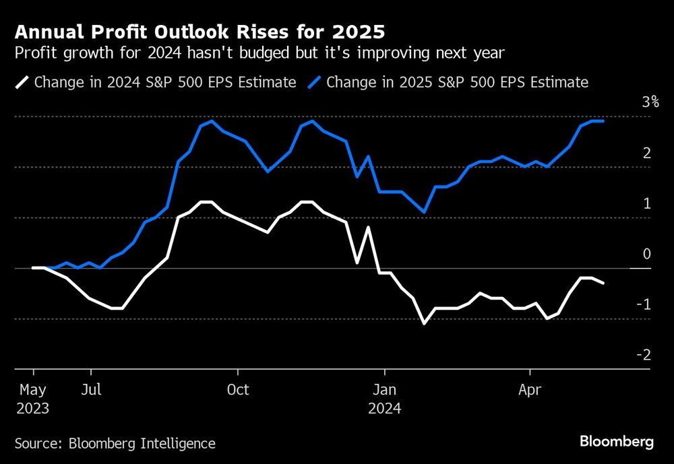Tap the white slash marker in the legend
(23, 83)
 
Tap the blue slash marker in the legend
(315, 83)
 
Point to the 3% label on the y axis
(650, 102)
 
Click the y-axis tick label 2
(646, 153)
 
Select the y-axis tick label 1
(646, 203)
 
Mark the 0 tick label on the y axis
(646, 254)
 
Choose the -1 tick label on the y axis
(644, 304)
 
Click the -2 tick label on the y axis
(644, 355)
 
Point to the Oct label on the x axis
(237, 390)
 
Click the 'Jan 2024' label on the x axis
(384, 399)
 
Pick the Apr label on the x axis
(530, 390)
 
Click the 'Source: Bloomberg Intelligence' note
(115, 443)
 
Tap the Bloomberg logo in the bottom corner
(616, 442)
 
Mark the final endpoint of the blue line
(603, 121)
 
